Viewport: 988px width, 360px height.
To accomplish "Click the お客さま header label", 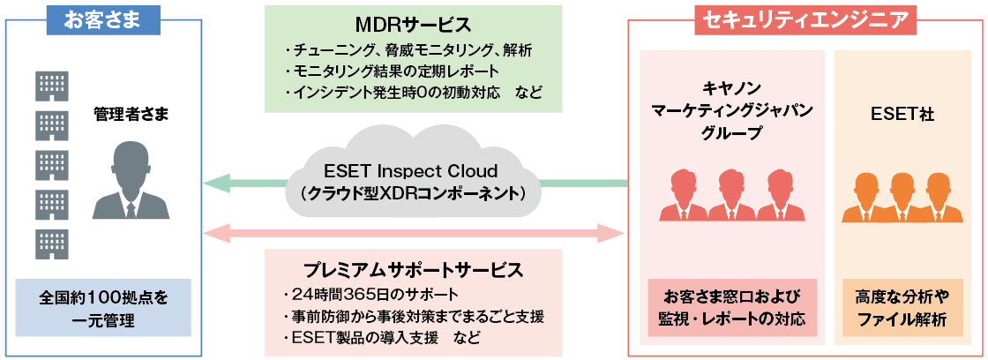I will pos(103,19).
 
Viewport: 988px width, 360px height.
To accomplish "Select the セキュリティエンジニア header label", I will pos(805,19).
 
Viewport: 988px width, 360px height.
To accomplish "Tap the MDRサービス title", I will pos(413,21).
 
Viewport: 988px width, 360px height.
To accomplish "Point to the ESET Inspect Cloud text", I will pos(413,170).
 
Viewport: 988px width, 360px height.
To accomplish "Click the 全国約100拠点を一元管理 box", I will pos(102,308).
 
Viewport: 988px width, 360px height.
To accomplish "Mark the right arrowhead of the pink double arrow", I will pos(614,233).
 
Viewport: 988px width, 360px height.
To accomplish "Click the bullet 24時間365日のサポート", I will pos(361,294).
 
